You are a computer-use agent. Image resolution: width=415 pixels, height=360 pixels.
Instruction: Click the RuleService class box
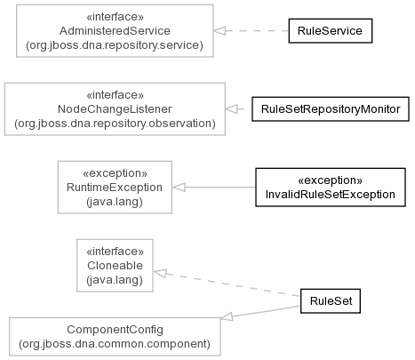coord(331,31)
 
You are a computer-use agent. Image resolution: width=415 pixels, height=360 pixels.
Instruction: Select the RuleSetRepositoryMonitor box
coord(331,109)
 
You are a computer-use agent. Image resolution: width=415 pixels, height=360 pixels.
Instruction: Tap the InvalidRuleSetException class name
coord(331,195)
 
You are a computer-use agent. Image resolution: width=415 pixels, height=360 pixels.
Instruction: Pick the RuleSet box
coord(331,301)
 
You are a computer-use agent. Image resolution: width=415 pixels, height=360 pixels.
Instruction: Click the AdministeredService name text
coord(115,31)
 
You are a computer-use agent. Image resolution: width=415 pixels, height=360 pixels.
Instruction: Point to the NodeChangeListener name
coord(115,109)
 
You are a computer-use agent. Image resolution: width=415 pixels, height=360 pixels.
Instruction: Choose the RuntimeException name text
coord(115,188)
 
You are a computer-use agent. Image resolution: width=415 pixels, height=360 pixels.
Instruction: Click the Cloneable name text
coord(115,266)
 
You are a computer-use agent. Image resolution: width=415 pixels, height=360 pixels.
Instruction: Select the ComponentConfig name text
coord(115,330)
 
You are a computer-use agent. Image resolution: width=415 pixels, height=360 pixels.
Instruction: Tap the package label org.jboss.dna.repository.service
coord(115,45)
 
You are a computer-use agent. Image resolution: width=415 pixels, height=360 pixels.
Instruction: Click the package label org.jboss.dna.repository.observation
coord(115,124)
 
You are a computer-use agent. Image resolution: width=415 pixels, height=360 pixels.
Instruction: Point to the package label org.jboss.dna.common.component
coord(115,344)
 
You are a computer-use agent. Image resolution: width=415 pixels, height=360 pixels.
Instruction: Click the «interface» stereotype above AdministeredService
coord(115,17)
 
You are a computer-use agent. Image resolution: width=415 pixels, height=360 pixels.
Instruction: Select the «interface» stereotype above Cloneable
coord(115,252)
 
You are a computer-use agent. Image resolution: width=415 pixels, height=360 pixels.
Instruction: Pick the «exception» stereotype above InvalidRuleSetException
coord(331,180)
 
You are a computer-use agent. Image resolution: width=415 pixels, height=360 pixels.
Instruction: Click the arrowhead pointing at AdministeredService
coord(219,30)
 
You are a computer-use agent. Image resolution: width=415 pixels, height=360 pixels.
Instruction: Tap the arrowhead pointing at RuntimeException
coord(179,187)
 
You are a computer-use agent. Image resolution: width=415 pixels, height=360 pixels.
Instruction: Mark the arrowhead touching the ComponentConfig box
coord(227,316)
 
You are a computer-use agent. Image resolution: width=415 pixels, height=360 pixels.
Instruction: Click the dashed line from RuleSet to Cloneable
coord(227,284)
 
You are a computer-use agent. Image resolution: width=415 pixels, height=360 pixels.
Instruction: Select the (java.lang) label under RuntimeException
coord(115,202)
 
